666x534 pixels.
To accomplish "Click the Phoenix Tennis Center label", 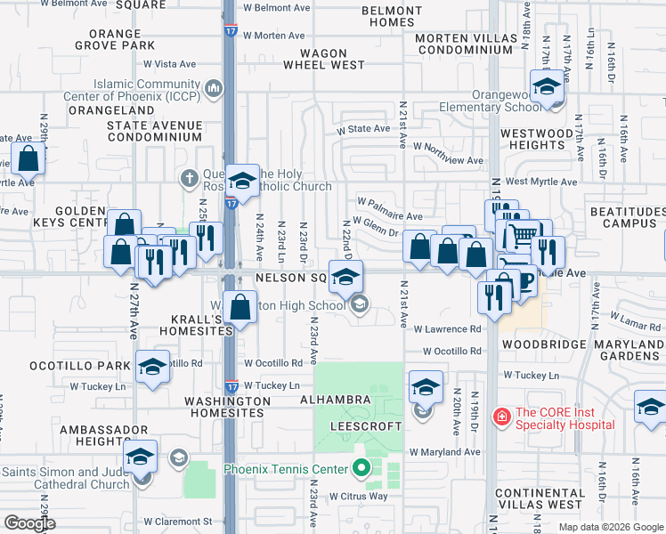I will point(287,468).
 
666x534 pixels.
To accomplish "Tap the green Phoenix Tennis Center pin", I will point(361,467).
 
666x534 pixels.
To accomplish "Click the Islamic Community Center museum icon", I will point(213,88).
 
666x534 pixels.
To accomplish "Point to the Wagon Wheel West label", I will point(324,59).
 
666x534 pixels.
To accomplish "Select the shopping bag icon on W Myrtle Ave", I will point(28,159).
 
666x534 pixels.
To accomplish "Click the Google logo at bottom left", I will point(28,523).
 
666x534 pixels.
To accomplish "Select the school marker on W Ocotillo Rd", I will point(152,365).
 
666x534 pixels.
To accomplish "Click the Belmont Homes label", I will point(392,17).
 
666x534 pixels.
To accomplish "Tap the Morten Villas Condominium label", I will point(466,44).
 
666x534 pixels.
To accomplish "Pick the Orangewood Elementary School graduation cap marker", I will point(546,87).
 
